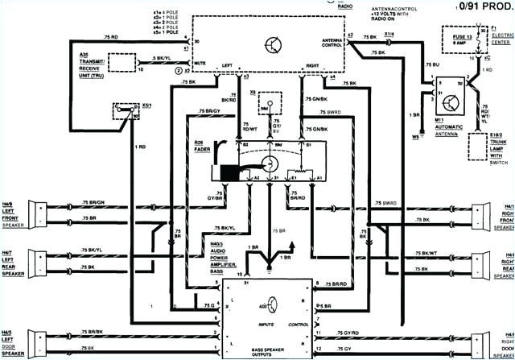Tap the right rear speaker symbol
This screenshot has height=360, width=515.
point(483,263)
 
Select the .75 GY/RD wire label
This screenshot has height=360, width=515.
point(348,332)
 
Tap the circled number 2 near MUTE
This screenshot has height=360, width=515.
point(179,71)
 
